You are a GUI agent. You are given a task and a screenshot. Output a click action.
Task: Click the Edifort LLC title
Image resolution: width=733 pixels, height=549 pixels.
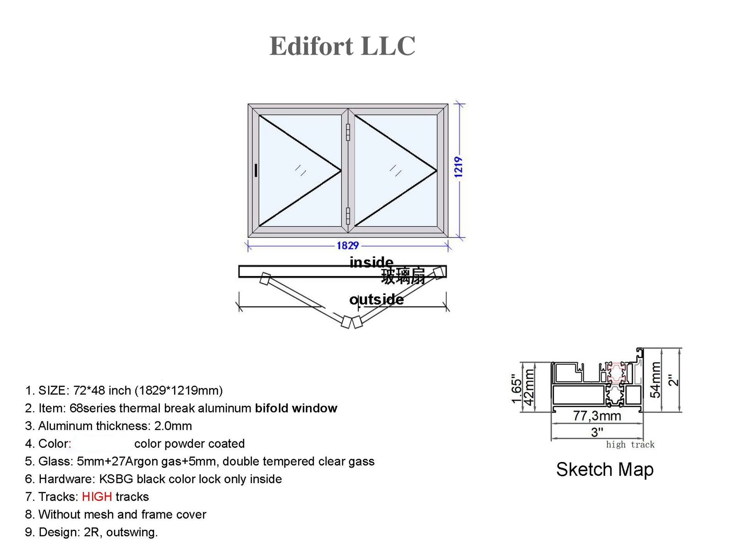(x=342, y=46)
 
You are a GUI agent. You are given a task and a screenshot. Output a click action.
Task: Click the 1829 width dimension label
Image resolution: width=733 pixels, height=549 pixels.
(x=348, y=246)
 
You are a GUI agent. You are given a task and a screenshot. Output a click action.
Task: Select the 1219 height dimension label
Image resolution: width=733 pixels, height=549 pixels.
(x=459, y=167)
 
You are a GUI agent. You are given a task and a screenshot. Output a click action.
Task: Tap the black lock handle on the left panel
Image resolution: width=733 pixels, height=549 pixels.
(x=256, y=170)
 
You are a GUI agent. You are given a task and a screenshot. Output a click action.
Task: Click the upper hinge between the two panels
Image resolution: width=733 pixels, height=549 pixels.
(x=348, y=132)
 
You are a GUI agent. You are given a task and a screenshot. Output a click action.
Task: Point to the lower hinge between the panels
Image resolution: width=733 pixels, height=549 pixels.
(x=348, y=216)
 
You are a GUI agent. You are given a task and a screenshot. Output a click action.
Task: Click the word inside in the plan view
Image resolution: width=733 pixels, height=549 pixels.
(x=371, y=262)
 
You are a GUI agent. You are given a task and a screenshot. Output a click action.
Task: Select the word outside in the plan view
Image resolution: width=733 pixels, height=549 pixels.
(x=377, y=299)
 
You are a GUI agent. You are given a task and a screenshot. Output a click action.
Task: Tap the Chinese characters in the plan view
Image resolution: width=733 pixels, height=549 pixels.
(x=403, y=277)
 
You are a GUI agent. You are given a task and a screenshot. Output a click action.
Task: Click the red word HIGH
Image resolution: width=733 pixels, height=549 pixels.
(x=97, y=497)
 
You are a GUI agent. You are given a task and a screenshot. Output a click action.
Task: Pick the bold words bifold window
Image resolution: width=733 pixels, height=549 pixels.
(x=296, y=408)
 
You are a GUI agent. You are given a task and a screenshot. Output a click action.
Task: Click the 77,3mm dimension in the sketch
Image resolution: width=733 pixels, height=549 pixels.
(x=597, y=416)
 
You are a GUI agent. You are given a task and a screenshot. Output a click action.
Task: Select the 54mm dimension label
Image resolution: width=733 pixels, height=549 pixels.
(x=656, y=380)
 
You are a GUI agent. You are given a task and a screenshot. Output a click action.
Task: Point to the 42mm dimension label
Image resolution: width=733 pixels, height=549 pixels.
(x=529, y=387)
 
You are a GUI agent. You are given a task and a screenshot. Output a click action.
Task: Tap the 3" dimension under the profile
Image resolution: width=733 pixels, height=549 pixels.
(x=597, y=432)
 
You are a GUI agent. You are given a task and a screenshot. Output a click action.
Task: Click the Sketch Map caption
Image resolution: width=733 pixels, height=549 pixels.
(x=605, y=470)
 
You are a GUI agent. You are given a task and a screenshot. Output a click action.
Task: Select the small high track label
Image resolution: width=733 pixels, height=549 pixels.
(x=630, y=445)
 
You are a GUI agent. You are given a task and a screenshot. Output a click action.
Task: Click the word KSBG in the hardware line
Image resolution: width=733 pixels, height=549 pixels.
(x=116, y=479)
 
